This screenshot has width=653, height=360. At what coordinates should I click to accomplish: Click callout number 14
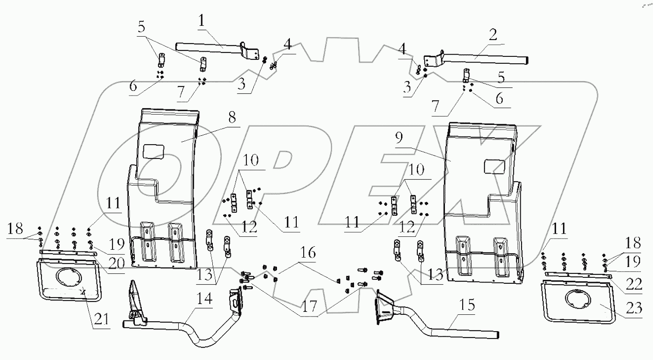[x=205, y=299]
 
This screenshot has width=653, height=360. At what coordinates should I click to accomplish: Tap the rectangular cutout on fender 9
[x=494, y=166]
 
